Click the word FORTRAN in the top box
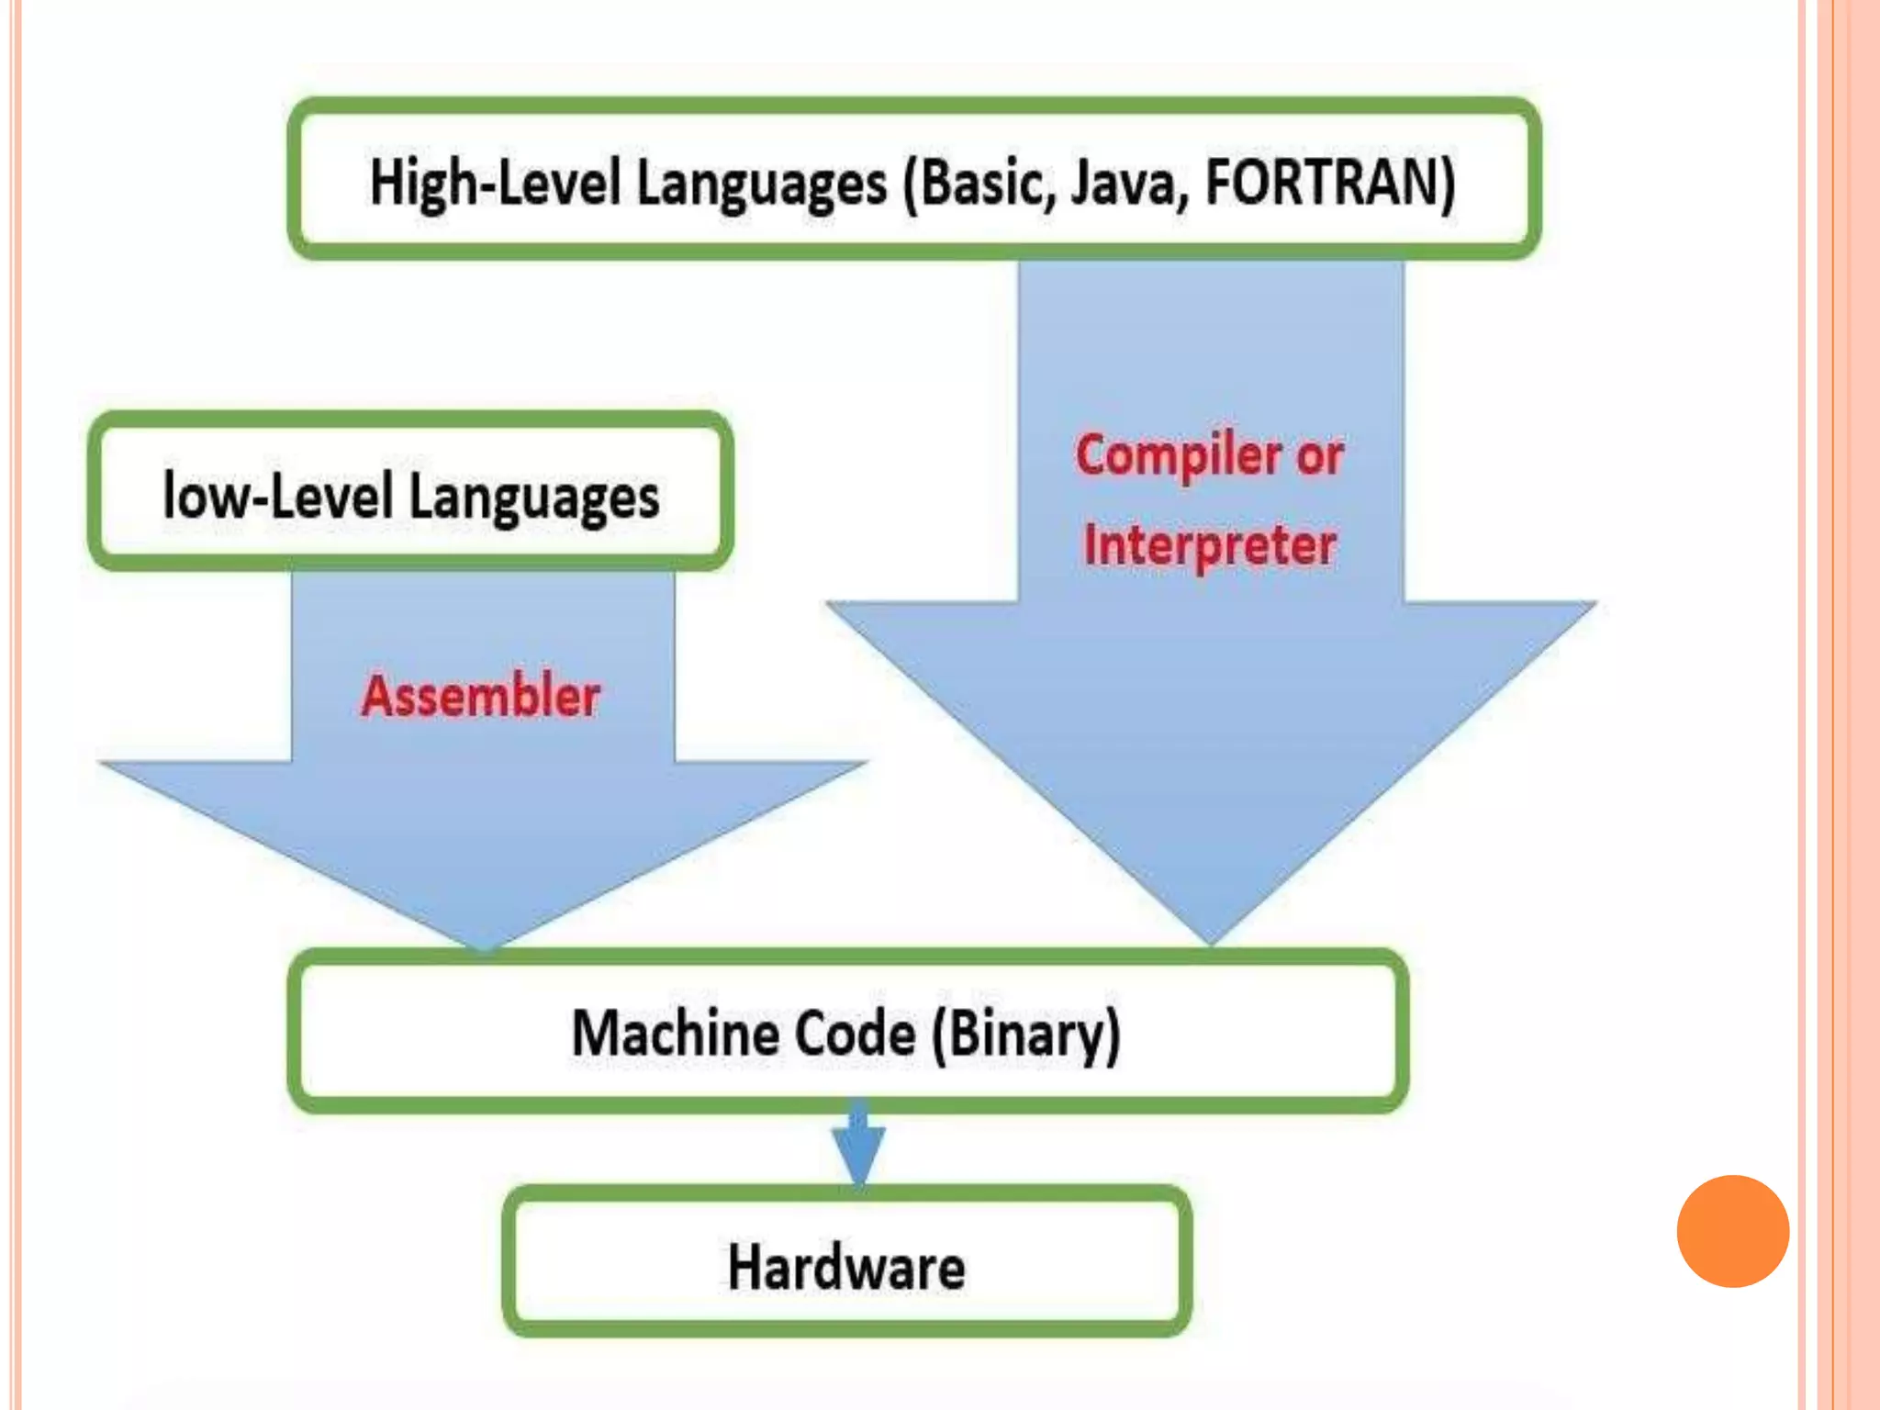[x=1329, y=182]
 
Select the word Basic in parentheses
[x=981, y=182]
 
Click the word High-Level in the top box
[x=496, y=182]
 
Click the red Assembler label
[x=480, y=695]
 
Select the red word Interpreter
[x=1210, y=545]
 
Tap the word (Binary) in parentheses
[x=1026, y=1035]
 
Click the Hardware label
[x=846, y=1268]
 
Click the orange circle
[x=1732, y=1231]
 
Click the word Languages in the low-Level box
[x=533, y=498]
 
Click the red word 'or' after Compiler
[x=1320, y=455]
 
